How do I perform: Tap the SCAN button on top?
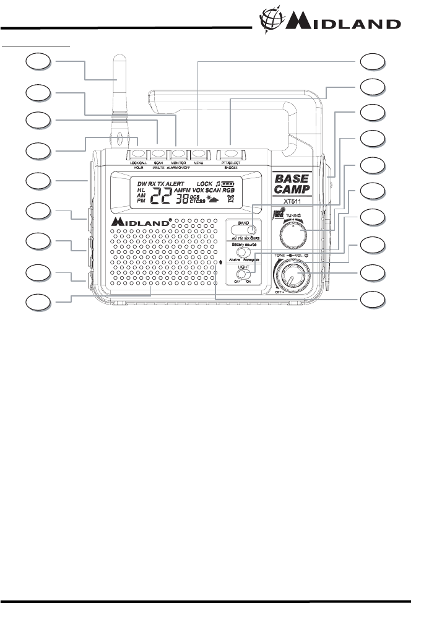click(158, 152)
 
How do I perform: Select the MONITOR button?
click(179, 152)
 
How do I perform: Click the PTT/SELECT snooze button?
click(230, 152)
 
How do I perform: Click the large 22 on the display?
click(162, 196)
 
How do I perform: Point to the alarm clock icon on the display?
click(231, 199)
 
